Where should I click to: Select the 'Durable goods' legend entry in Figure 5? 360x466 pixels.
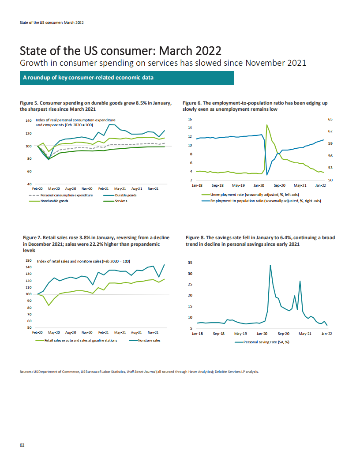coord(126,195)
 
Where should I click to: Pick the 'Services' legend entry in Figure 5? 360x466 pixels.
coord(121,201)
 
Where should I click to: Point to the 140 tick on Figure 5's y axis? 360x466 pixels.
coord(28,120)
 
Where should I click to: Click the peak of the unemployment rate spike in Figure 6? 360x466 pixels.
coord(267,125)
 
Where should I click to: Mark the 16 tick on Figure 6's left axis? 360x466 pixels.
coord(190,119)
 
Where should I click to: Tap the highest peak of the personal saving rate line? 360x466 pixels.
coord(270,265)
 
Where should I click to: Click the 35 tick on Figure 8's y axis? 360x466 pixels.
coord(190,263)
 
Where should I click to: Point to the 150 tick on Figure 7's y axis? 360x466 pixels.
coord(29,261)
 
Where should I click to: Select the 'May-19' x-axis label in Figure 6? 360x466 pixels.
coord(239,186)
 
